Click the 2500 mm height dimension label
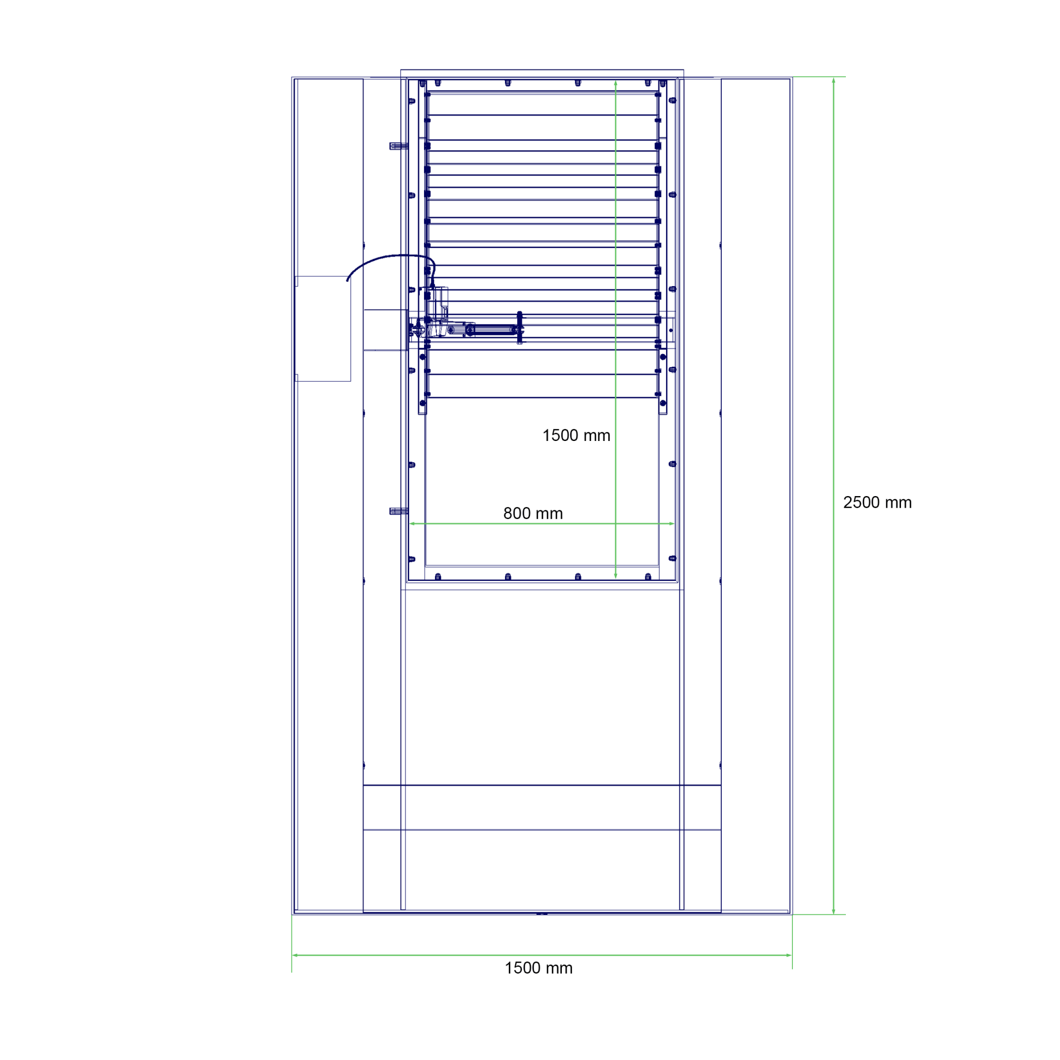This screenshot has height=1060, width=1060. [x=877, y=502]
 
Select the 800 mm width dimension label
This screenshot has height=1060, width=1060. [x=533, y=514]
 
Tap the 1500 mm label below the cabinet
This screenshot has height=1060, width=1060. [x=538, y=968]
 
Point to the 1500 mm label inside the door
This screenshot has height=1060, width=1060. [x=576, y=436]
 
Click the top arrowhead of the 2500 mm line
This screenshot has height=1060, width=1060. [x=833, y=81]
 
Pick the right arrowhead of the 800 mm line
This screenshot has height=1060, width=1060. [x=671, y=524]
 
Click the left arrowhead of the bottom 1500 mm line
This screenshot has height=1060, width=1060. [x=295, y=955]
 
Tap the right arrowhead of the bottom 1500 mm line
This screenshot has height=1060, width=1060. [x=789, y=955]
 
